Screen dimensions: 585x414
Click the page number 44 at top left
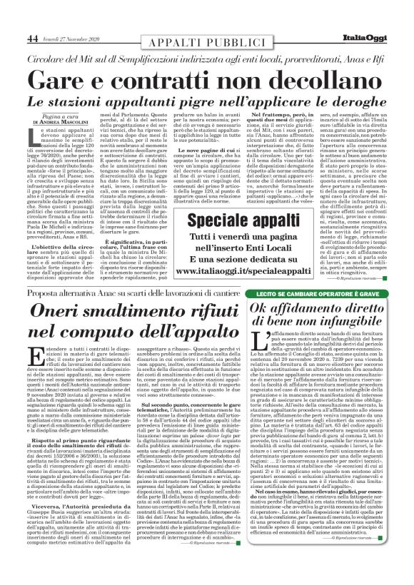[x=33, y=18]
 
